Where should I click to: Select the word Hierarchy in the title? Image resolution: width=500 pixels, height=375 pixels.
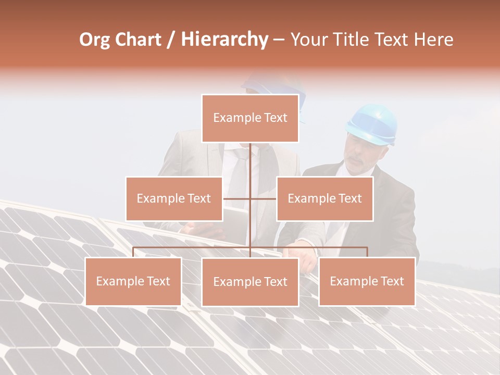pos(224,40)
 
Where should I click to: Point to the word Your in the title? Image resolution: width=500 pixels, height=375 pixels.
pos(308,40)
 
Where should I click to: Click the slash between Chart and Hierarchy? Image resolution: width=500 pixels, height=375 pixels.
pos(170,40)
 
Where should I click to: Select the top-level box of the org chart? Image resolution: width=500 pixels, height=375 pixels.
pos(250,118)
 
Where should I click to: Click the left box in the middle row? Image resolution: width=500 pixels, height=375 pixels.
pos(174,198)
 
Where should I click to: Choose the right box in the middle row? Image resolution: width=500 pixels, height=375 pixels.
pos(324,198)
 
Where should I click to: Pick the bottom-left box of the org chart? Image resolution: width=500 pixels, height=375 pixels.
pos(133,281)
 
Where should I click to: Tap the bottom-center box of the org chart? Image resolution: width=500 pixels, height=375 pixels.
pos(250,282)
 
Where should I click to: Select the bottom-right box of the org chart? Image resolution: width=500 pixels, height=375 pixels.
pos(367,281)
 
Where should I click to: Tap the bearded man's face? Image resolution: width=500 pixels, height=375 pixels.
pos(362,159)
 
